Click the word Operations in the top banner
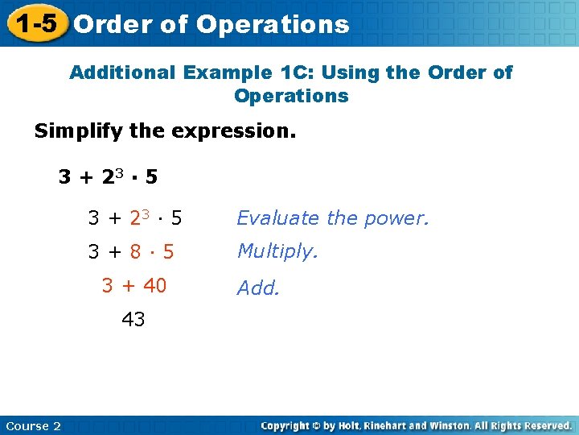tap(272, 24)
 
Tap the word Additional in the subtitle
tap(121, 72)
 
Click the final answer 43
tap(133, 320)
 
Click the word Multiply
tap(277, 251)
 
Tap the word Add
tap(257, 288)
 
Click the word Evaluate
tap(277, 217)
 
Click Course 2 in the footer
tap(33, 425)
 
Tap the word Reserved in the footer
tap(544, 425)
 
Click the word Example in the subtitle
tap(228, 72)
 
